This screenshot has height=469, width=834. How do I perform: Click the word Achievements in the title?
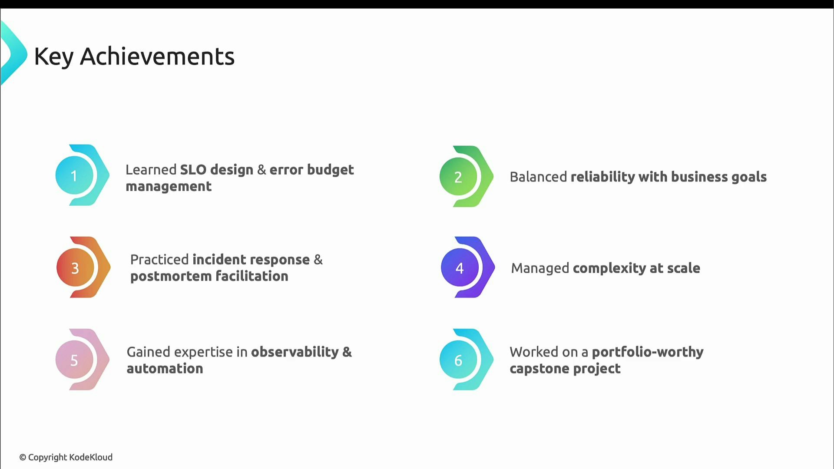pos(157,56)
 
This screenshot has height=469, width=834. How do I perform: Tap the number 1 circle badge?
pos(74,175)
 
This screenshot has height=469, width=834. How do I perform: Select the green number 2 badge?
pos(458,177)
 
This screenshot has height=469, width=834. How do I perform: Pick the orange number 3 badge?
pos(75,268)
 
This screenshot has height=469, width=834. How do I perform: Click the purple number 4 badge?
pos(460,268)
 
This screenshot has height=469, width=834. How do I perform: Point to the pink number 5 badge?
pos(74,360)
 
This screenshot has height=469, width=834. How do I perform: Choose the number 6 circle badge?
pos(458,360)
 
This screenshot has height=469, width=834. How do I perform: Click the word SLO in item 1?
pos(193,169)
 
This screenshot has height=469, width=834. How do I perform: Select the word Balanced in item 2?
pos(538,177)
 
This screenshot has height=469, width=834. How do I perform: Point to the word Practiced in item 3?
pos(159,259)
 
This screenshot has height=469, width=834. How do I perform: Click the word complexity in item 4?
pos(609,268)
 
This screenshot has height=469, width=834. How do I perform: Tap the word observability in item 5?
pos(295,352)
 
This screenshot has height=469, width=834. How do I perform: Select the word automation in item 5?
pos(165,369)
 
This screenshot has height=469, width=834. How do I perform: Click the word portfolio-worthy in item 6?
pos(648,352)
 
